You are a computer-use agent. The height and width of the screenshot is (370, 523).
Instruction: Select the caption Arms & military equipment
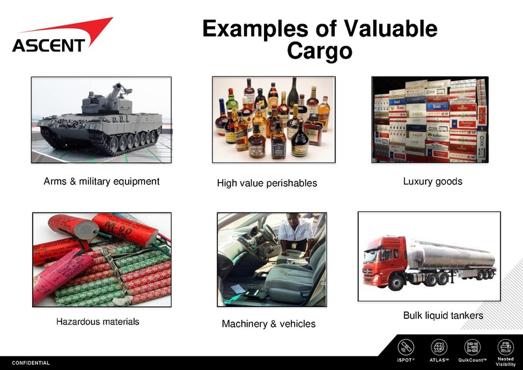101,181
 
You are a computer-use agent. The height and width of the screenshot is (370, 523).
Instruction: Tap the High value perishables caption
267,183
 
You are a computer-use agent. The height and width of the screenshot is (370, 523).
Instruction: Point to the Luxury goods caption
433,181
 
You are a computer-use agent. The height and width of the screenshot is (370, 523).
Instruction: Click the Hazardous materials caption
97,322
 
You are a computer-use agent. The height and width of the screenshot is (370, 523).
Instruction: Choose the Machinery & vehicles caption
269,324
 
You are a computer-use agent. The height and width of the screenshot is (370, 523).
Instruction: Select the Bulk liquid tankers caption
443,316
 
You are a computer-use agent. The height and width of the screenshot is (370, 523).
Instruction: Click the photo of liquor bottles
273,120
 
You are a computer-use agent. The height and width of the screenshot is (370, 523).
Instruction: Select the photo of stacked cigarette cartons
429,119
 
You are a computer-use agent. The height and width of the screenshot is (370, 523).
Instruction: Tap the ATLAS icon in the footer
439,347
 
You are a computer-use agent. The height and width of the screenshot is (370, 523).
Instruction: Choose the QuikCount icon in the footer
472,347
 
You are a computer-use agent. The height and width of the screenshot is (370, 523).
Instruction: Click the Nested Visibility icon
505,347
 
